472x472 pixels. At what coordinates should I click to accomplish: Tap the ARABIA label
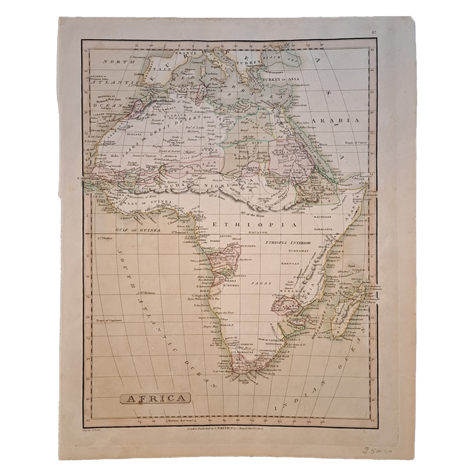(x=342, y=120)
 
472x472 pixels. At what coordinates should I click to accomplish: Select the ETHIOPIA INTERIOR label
(x=288, y=243)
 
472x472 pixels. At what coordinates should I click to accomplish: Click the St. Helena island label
(x=147, y=293)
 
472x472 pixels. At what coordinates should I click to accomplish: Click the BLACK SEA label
(x=288, y=57)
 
